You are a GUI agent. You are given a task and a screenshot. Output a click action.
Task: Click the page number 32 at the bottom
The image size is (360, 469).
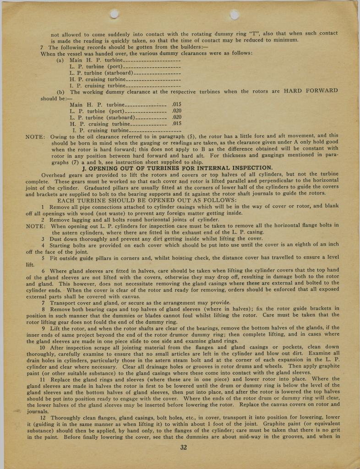coord(184,447)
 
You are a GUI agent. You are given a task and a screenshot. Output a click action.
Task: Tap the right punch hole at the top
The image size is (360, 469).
coord(234,14)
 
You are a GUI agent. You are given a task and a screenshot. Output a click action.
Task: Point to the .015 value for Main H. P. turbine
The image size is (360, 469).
coord(176,104)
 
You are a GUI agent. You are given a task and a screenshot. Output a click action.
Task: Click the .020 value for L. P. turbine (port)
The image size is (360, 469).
coord(176,111)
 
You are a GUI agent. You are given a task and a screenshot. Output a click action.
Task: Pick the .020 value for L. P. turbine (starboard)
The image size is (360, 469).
coord(176,117)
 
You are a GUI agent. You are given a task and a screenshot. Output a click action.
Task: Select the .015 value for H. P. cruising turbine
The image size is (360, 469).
coord(176,124)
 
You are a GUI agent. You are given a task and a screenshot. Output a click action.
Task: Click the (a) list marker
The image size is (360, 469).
coord(60,60)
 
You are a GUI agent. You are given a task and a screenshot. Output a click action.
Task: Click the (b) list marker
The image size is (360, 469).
coord(60,92)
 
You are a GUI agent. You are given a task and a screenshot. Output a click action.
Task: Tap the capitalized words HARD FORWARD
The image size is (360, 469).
coord(311,91)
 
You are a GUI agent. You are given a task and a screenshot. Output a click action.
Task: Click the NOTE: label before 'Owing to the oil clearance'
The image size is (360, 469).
coord(35,136)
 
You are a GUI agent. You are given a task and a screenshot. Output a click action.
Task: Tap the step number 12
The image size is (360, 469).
coord(44,418)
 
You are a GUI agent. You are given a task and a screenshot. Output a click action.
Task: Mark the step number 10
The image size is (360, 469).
coord(44,347)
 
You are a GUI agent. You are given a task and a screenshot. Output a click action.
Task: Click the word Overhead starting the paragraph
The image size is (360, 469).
coord(55,175)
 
